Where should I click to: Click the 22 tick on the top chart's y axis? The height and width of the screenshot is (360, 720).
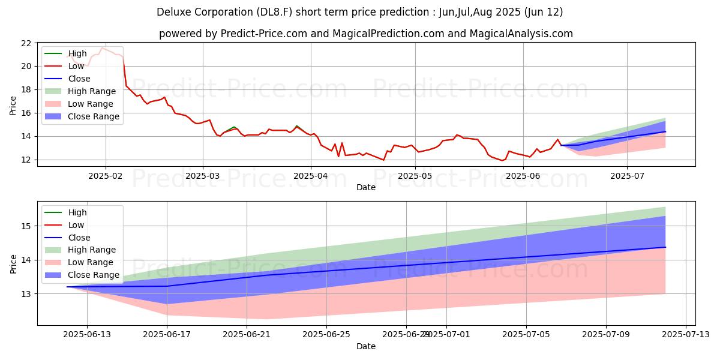pyautogui.click(x=26, y=43)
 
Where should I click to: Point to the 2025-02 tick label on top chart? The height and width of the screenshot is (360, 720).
pyautogui.click(x=106, y=175)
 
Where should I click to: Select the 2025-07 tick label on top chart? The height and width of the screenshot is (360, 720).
pyautogui.click(x=627, y=175)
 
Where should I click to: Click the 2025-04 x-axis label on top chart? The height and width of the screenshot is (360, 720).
pyautogui.click(x=310, y=175)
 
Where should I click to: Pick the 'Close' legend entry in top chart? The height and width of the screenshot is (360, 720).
pyautogui.click(x=79, y=79)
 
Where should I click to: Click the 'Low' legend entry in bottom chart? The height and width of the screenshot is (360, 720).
pyautogui.click(x=77, y=225)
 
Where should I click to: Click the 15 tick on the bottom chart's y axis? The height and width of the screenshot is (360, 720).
pyautogui.click(x=26, y=226)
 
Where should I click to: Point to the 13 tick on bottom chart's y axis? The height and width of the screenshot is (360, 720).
pyautogui.click(x=26, y=294)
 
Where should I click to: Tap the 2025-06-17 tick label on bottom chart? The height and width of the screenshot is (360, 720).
pyautogui.click(x=167, y=334)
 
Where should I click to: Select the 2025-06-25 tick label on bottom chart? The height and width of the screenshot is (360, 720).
pyautogui.click(x=326, y=334)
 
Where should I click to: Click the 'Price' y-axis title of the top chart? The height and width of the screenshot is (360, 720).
pyautogui.click(x=13, y=105)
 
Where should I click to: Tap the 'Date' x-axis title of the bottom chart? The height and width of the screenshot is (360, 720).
pyautogui.click(x=366, y=346)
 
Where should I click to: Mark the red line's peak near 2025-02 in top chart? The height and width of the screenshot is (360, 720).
pyautogui.click(x=102, y=48)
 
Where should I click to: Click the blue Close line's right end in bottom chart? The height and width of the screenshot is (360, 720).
pyautogui.click(x=665, y=247)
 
